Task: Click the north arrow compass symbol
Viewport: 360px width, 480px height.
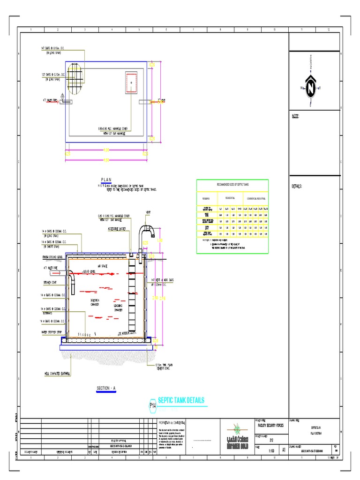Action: coord(310,87)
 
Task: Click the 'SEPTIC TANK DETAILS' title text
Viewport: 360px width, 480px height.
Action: coord(181,400)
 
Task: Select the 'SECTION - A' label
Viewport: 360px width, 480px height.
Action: coord(109,389)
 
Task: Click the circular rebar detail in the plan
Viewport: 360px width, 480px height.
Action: coord(75,74)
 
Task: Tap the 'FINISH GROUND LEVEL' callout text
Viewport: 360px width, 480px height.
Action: coord(53,257)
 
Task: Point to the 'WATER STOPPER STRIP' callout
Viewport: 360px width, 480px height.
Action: coord(52,331)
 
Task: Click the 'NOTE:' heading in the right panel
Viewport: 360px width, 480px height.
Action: coord(296,116)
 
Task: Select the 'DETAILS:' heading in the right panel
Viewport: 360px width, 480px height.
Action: coord(297,186)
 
